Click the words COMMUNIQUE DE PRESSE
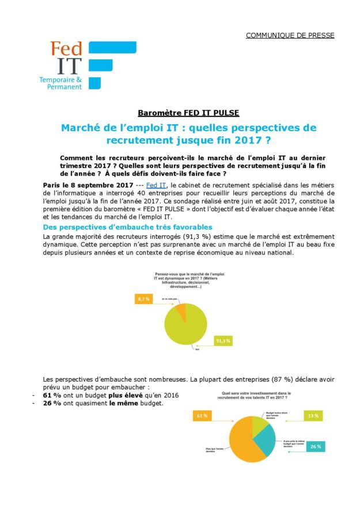click(290, 35)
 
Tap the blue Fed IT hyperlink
click(156, 185)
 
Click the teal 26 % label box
click(316, 446)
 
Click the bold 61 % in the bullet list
click(53, 395)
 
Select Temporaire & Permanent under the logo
click(60, 82)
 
